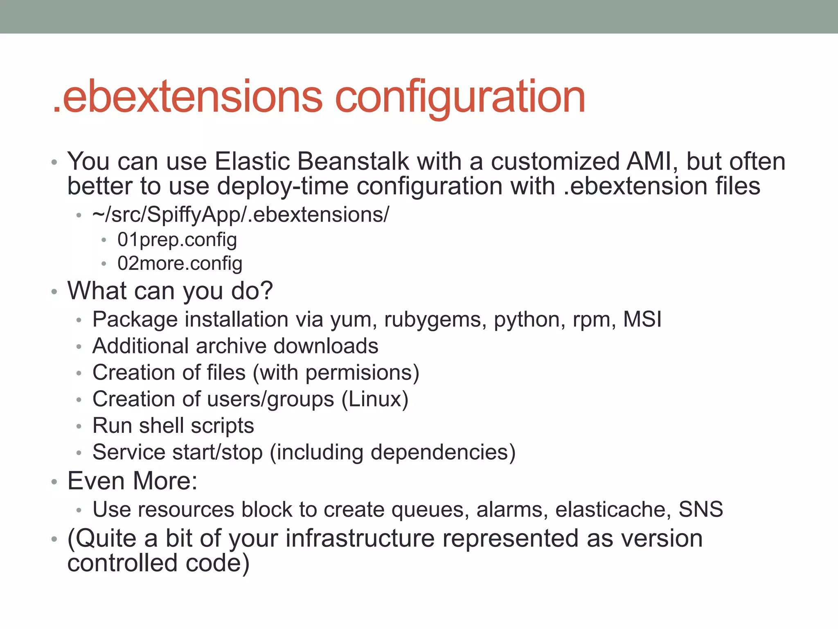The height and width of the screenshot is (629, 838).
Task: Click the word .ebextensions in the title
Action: point(188,97)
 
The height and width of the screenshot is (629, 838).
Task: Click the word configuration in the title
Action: point(460,97)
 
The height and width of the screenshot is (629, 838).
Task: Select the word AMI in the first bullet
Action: point(649,161)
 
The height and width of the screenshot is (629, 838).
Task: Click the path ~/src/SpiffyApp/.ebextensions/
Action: point(241,215)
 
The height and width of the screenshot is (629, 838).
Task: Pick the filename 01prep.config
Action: point(177,240)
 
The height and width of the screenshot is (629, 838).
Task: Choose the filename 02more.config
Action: point(180,263)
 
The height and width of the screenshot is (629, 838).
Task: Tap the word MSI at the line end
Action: point(642,319)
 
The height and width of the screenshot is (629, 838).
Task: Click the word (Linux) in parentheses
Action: point(375,399)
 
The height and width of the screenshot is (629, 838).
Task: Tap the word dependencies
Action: point(439,453)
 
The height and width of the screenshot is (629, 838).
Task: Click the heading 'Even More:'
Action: point(132,481)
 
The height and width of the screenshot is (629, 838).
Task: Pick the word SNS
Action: point(701,510)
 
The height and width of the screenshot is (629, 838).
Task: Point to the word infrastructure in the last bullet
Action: point(360,538)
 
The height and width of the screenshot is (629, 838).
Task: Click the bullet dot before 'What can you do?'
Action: point(54,292)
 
